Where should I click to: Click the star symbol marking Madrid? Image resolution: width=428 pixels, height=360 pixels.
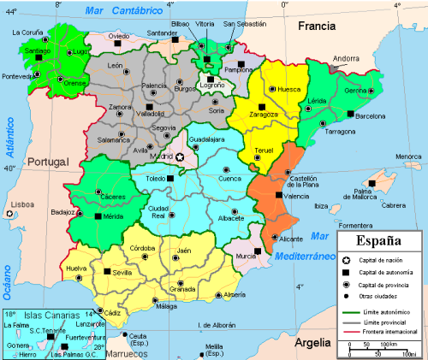181,157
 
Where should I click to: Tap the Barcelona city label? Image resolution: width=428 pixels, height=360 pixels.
372,115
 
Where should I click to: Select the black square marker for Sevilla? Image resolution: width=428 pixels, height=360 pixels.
107,271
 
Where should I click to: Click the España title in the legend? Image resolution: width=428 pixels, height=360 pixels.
379,240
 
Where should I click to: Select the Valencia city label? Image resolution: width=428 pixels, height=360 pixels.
295,197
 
